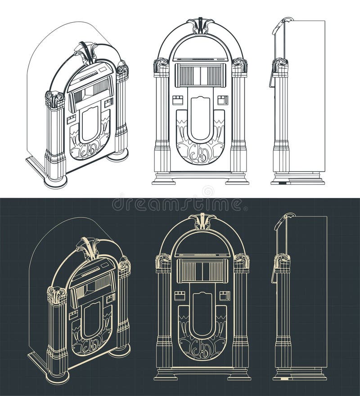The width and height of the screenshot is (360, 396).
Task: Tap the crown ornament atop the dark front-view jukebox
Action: pyautogui.click(x=202, y=220)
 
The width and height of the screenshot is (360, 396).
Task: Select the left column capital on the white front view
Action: pyautogui.click(x=161, y=65)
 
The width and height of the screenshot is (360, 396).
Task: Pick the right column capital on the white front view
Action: pyautogui.click(x=239, y=65)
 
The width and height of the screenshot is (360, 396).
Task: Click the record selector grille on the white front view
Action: pyautogui.click(x=200, y=75)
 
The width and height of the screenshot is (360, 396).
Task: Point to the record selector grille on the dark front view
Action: pyautogui.click(x=202, y=271)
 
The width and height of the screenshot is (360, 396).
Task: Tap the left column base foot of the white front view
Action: pyautogui.click(x=163, y=180)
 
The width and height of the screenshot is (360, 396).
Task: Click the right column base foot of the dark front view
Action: pyautogui.click(x=239, y=375)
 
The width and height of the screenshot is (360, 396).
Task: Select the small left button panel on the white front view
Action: pyautogui.click(x=178, y=100)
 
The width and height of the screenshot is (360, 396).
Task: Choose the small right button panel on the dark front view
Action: pyautogui.click(x=225, y=296)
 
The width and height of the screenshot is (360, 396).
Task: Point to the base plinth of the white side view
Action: pyautogui.click(x=298, y=179)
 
